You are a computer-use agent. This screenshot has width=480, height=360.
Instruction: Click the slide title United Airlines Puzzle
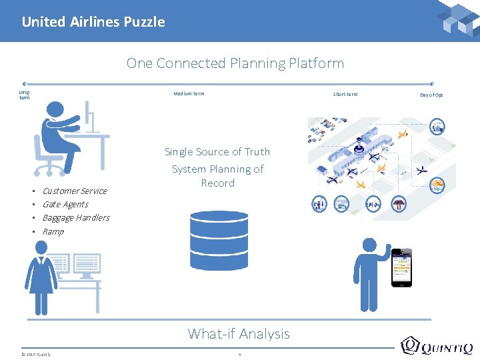click(93, 22)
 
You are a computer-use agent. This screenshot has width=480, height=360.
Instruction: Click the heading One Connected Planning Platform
click(235, 63)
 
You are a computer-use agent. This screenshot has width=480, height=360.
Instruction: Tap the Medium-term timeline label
click(189, 93)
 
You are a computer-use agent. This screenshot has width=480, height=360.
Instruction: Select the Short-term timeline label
click(345, 94)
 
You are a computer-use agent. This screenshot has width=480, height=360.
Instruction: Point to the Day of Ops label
click(431, 95)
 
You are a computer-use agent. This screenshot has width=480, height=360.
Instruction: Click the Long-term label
click(24, 95)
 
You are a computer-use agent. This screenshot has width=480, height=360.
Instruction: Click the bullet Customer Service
click(75, 191)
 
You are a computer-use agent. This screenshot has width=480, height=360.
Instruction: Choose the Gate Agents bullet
click(65, 204)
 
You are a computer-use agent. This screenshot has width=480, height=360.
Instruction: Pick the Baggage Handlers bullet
click(76, 217)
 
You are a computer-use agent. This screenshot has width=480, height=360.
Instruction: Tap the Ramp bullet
click(53, 231)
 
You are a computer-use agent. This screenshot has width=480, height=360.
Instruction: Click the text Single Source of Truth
click(217, 152)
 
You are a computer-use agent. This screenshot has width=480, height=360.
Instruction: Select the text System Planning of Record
click(218, 176)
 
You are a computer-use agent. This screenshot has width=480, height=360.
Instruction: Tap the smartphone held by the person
click(401, 267)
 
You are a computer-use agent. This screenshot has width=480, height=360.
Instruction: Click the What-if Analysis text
click(239, 333)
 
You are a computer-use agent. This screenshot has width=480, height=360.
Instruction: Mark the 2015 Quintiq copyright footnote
click(35, 353)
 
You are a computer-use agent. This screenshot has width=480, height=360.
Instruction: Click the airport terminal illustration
click(377, 163)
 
